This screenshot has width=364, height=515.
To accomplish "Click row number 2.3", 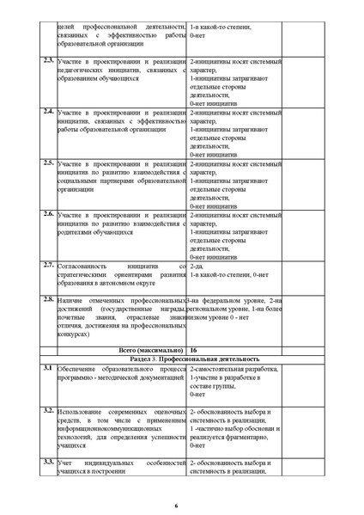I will coord(48,60).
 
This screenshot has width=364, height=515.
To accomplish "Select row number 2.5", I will coord(48,162).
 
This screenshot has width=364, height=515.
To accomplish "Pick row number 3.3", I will coord(48,463).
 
